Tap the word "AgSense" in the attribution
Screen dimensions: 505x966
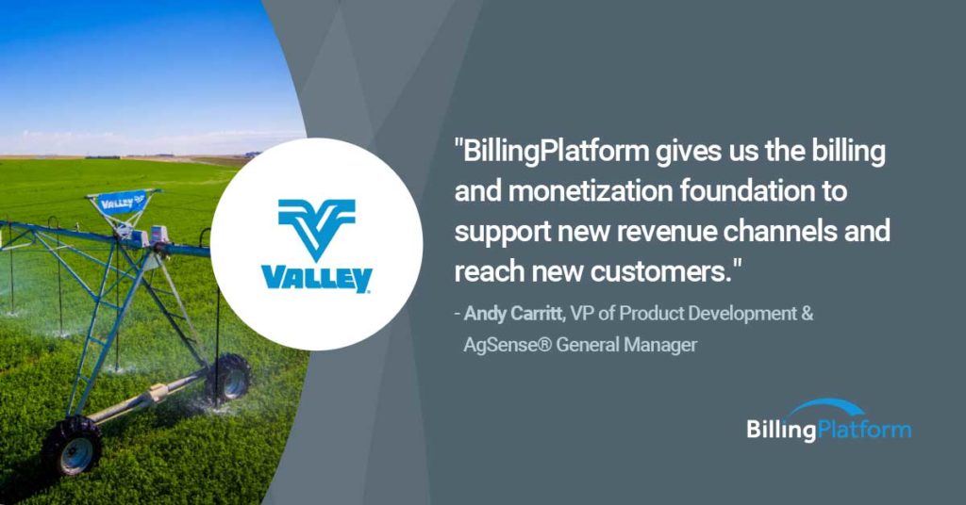tap(500, 345)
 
